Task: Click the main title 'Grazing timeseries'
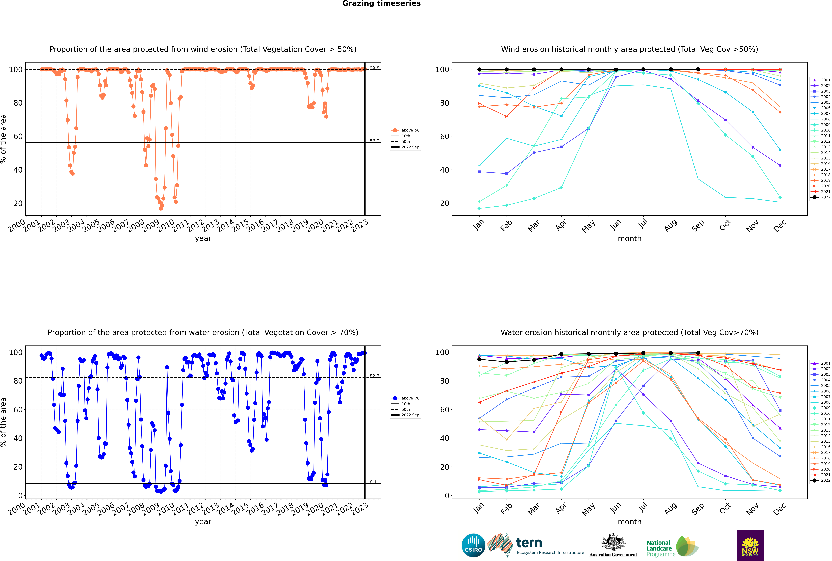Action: tap(381, 4)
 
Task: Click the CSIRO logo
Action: tap(473, 545)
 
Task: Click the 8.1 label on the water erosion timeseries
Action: tap(373, 482)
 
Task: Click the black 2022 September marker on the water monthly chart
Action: tap(698, 353)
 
